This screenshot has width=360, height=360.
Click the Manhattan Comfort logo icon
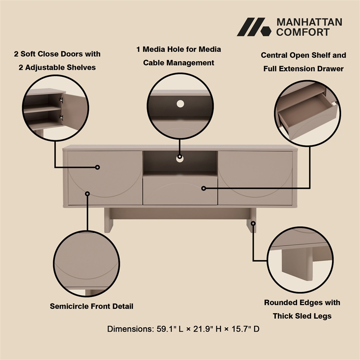pyautogui.click(x=254, y=27)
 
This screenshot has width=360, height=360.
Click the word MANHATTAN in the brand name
pyautogui.click(x=309, y=22)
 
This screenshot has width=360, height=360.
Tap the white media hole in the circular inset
pyautogui.click(x=180, y=104)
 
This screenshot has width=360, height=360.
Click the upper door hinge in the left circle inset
pyautogui.click(x=61, y=100)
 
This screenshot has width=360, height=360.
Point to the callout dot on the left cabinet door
pyautogui.click(x=97, y=167)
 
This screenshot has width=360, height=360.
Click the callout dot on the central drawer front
pyautogui.click(x=203, y=188)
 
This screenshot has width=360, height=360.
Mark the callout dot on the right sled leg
pyautogui.click(x=253, y=223)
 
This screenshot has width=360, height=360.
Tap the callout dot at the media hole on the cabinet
pyautogui.click(x=180, y=157)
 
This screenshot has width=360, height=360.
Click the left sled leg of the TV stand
pyautogui.click(x=108, y=220)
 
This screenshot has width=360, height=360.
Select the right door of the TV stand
pyautogui.click(x=255, y=178)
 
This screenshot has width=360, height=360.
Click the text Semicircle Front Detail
pyautogui.click(x=91, y=306)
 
